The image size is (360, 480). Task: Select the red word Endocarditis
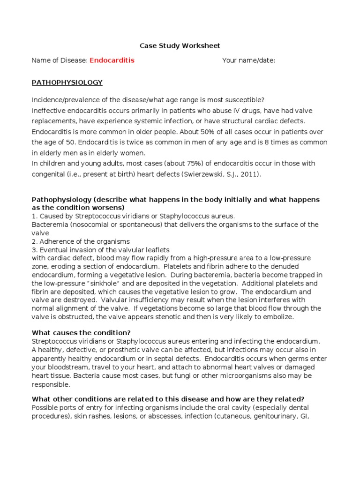point(112,60)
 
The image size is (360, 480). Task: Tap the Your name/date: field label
point(248,60)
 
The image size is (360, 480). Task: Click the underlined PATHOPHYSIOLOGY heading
point(67,82)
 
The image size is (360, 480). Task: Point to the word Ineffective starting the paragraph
point(48,110)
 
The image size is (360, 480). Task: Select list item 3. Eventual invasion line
point(100,249)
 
